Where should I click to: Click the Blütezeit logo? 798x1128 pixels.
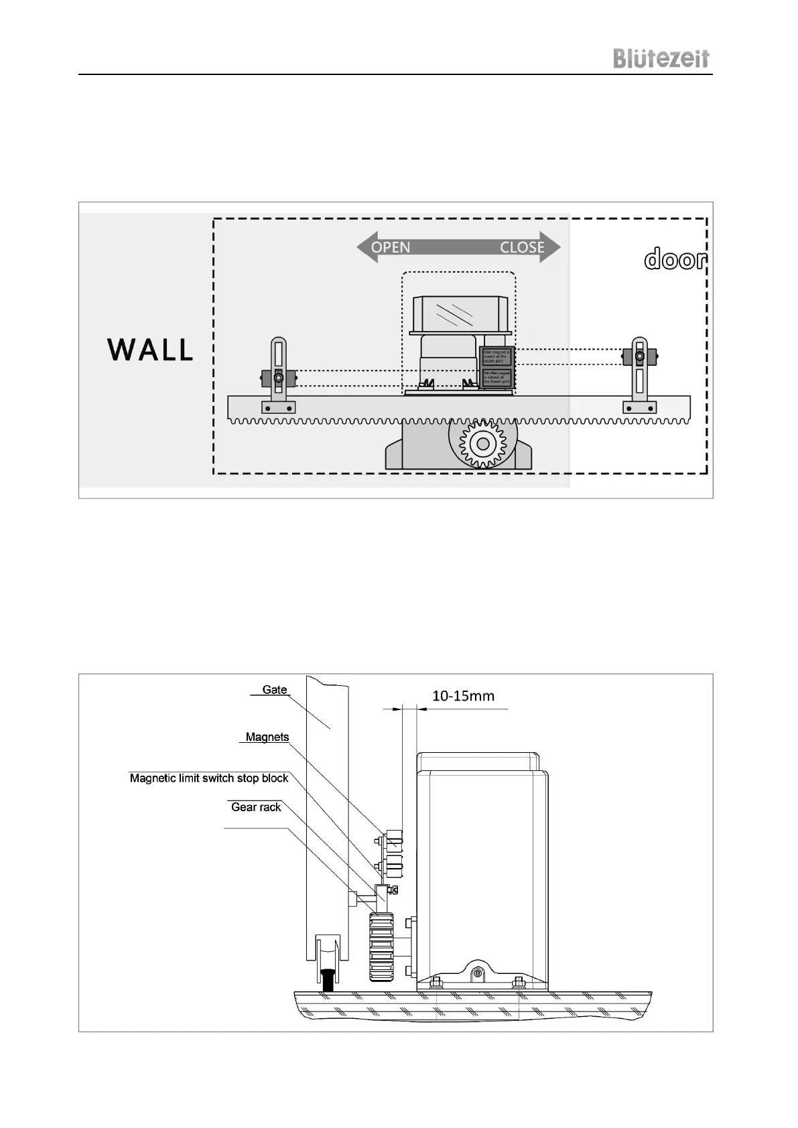tap(661, 58)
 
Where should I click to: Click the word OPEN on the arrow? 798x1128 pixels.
tap(391, 247)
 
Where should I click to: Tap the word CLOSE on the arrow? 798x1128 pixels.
tap(522, 247)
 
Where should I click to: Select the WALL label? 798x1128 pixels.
tap(150, 350)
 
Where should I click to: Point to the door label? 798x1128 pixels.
tap(675, 259)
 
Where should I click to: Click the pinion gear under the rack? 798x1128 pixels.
tap(482, 443)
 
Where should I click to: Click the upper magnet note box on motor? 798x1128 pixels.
tap(496, 356)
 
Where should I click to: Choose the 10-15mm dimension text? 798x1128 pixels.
tap(463, 695)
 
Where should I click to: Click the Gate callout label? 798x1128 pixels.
tap(275, 689)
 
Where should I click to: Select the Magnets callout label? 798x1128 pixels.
tap(267, 737)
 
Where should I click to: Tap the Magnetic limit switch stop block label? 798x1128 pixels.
tap(209, 778)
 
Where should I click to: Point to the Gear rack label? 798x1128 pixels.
tap(256, 807)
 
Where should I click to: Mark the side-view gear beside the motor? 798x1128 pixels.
tap(381, 947)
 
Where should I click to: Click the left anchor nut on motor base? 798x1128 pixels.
tap(436, 983)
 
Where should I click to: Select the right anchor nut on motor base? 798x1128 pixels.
tap(517, 983)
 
